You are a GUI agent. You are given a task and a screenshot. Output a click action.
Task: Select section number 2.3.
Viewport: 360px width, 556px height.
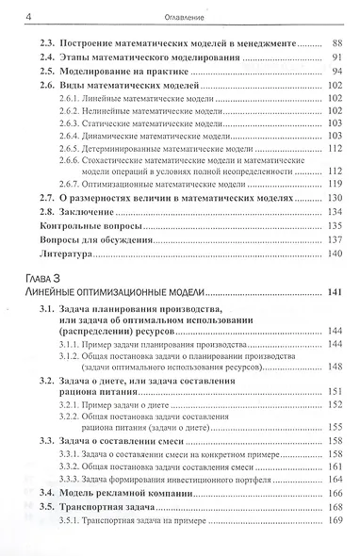point(45,43)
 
